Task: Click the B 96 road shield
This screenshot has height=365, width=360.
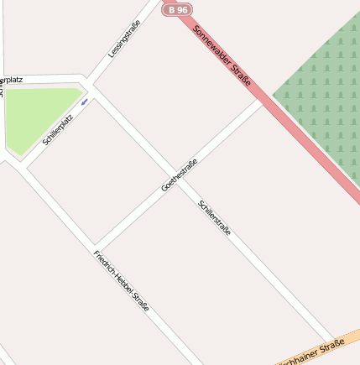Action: [x=177, y=9]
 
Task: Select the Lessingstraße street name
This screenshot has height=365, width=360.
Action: [x=124, y=39]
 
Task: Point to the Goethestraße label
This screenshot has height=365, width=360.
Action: [x=179, y=175]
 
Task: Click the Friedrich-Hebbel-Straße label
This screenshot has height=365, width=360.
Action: [x=122, y=281]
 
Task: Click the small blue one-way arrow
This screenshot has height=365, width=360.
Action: [x=85, y=102]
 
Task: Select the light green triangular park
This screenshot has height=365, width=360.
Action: [x=38, y=117]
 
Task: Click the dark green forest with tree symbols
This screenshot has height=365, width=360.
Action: [x=323, y=92]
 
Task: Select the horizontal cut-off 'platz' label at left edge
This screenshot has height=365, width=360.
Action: [x=12, y=80]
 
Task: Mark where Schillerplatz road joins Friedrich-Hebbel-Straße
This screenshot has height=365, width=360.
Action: [x=25, y=166]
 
